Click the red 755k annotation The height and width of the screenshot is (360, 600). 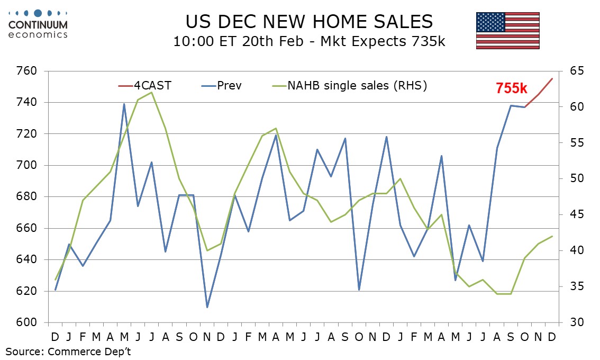pos(515,88)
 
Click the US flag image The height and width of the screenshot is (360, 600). pos(507,31)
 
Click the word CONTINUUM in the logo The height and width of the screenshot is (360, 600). pos(38,24)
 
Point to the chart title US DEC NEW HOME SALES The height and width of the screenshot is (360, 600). pos(309,21)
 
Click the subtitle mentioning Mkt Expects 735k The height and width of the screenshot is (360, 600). pos(309,41)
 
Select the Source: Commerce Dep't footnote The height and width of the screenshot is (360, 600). pos(68,351)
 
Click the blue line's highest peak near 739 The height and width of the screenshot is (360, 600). pos(124,104)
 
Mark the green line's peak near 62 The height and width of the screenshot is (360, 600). pos(151,93)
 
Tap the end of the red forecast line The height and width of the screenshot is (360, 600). pos(552,78)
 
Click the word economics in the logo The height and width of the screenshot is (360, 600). pos(38,34)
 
